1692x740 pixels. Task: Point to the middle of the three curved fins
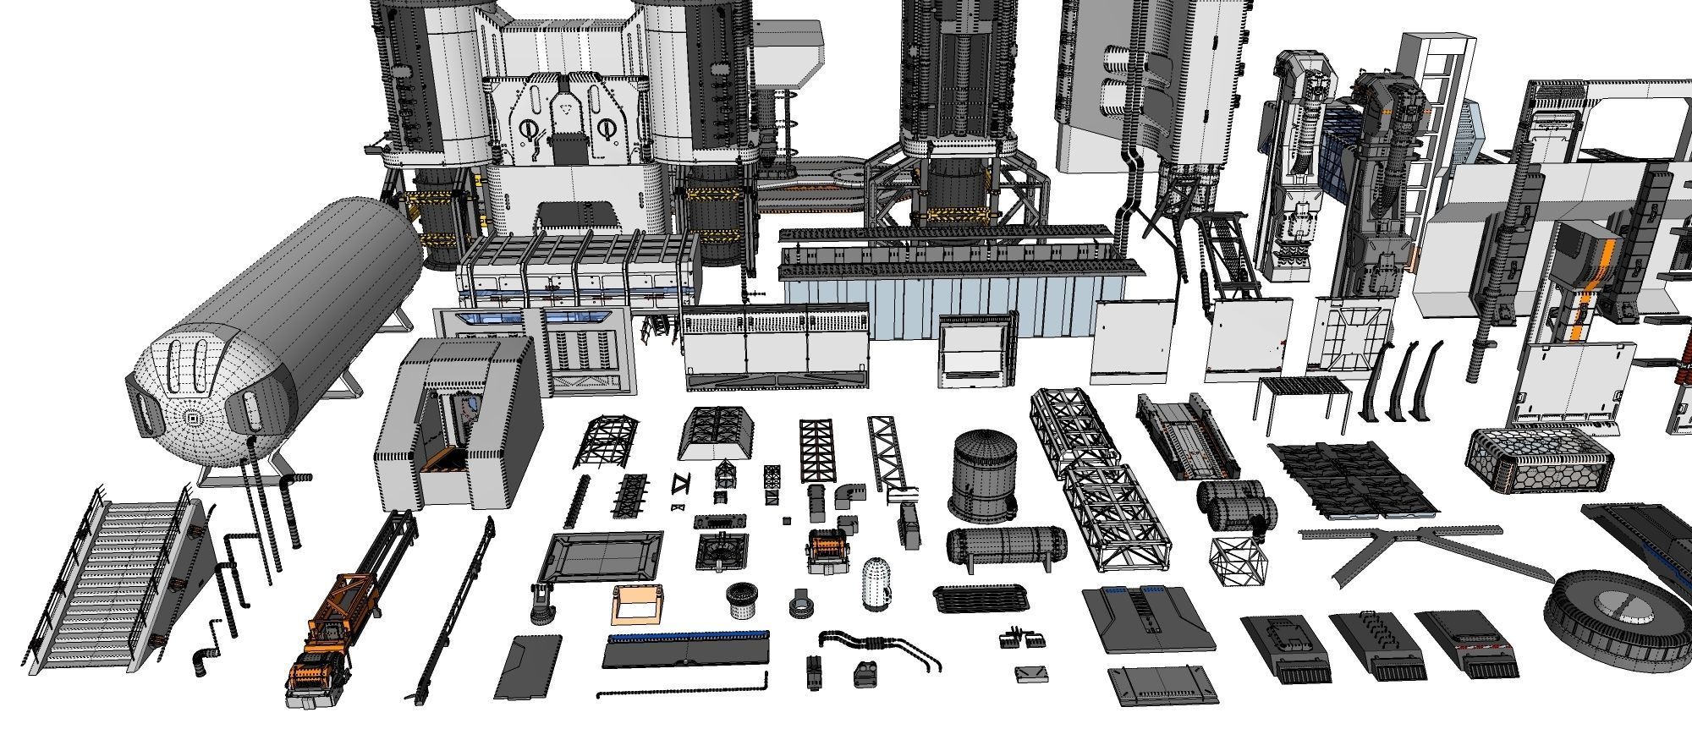[1404, 381]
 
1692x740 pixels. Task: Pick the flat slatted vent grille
[981, 598]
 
